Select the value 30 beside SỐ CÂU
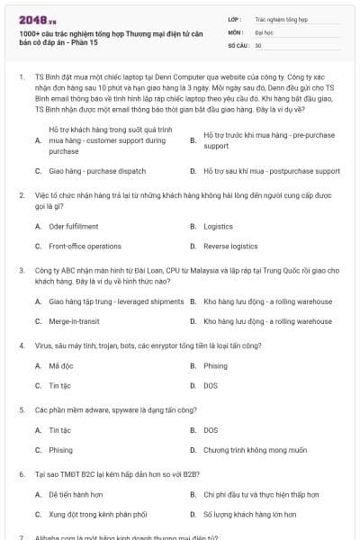click(x=258, y=44)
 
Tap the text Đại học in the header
click(x=264, y=31)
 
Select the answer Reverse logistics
click(x=230, y=246)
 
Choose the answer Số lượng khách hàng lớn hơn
click(x=250, y=515)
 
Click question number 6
click(x=22, y=473)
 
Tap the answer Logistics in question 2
click(x=219, y=226)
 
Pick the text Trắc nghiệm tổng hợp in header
click(x=282, y=17)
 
